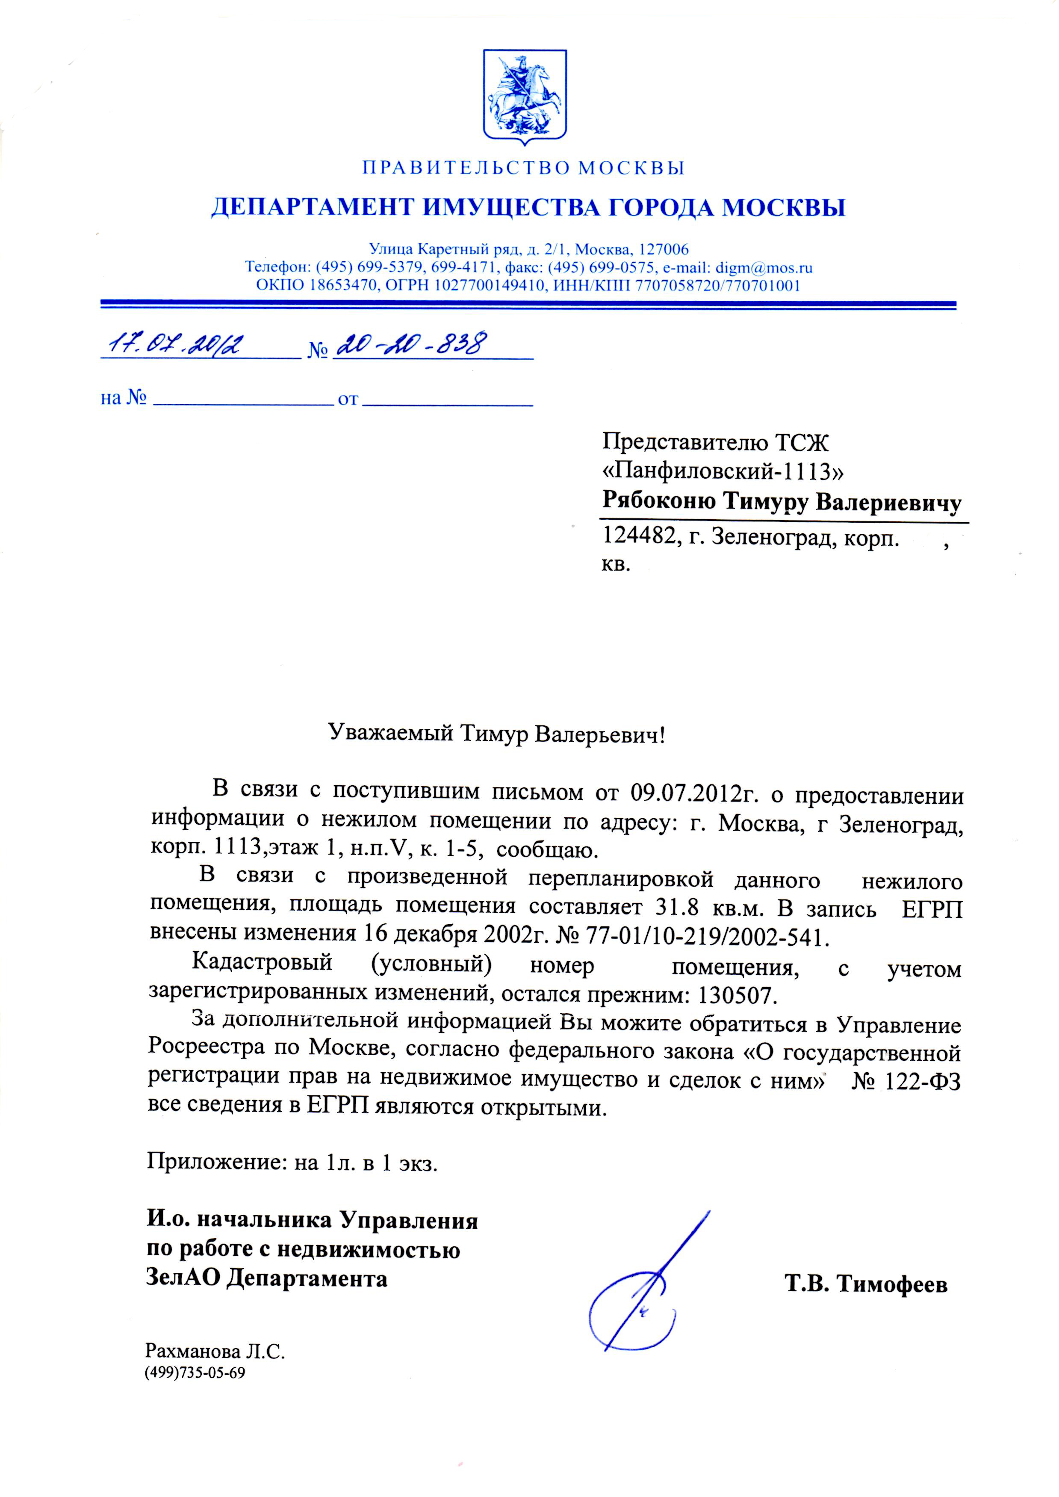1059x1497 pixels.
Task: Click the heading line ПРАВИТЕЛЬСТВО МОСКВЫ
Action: point(524,168)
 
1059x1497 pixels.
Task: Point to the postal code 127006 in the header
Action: point(664,249)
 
